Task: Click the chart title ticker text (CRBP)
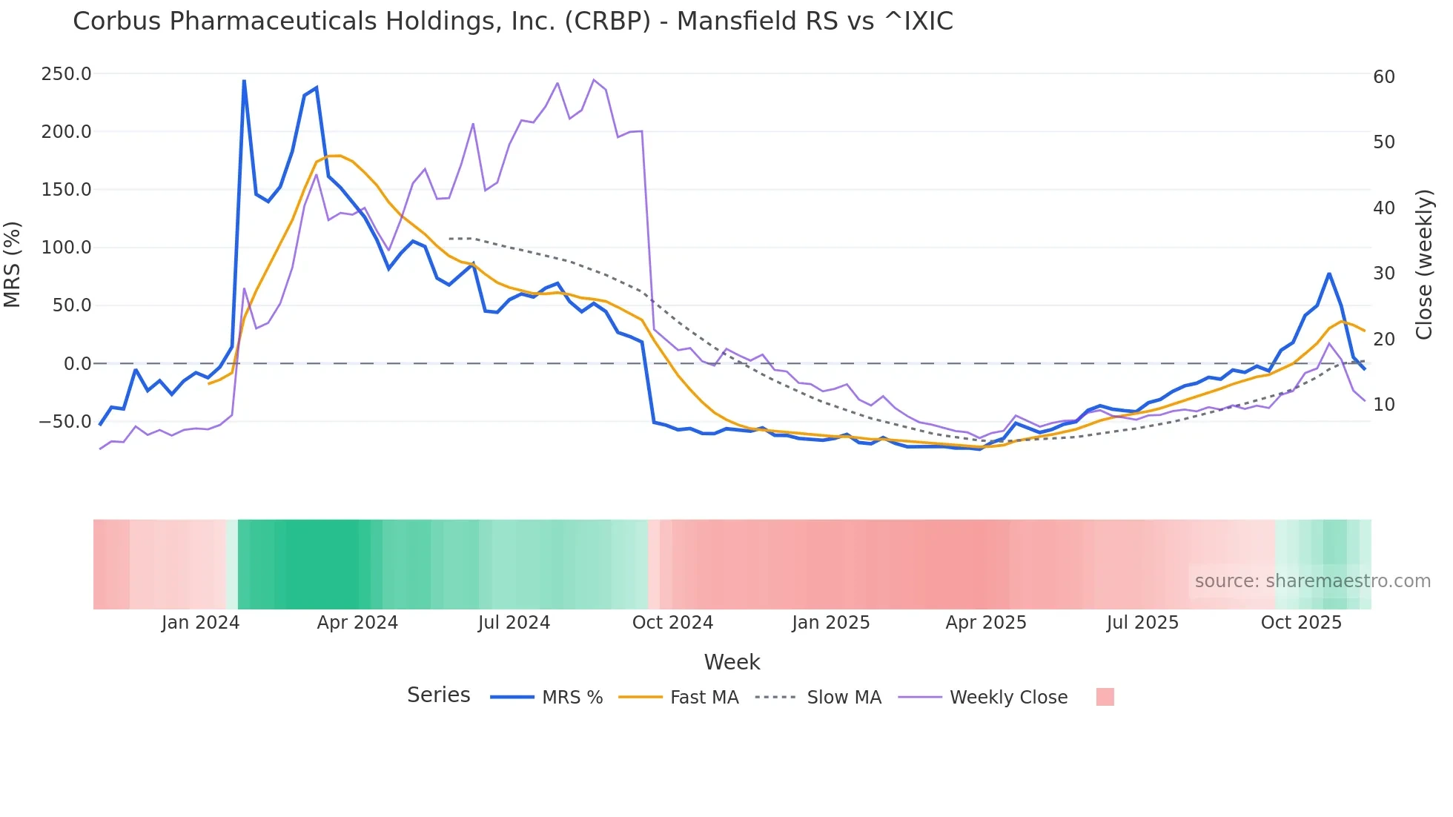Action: click(x=608, y=21)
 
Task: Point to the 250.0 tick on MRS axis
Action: click(x=67, y=74)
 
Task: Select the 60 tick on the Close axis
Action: click(x=1384, y=77)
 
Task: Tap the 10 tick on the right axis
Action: click(x=1384, y=405)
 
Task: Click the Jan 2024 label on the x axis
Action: click(x=200, y=623)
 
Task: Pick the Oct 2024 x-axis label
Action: click(x=672, y=623)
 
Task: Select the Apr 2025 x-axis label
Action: click(x=986, y=623)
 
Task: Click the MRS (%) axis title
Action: click(x=13, y=264)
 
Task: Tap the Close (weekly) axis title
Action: click(x=1424, y=265)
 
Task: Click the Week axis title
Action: click(x=732, y=662)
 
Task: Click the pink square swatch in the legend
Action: click(x=1105, y=697)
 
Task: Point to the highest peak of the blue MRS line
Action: click(x=244, y=81)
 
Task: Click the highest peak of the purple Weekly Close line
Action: click(x=594, y=79)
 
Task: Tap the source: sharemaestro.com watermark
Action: click(x=1312, y=581)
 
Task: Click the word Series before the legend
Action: click(x=438, y=695)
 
